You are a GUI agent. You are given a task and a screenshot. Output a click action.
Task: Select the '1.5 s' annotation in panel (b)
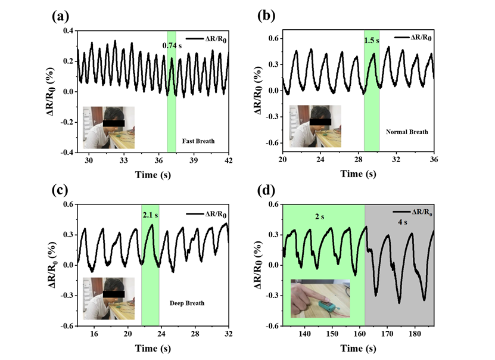click(371, 41)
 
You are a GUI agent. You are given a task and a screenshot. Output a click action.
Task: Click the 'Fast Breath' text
click(198, 141)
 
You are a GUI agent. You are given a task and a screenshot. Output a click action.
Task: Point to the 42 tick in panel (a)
click(228, 161)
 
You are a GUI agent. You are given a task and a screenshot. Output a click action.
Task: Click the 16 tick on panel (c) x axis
click(94, 335)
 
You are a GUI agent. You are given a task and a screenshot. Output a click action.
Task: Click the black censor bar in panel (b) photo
click(320, 122)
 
